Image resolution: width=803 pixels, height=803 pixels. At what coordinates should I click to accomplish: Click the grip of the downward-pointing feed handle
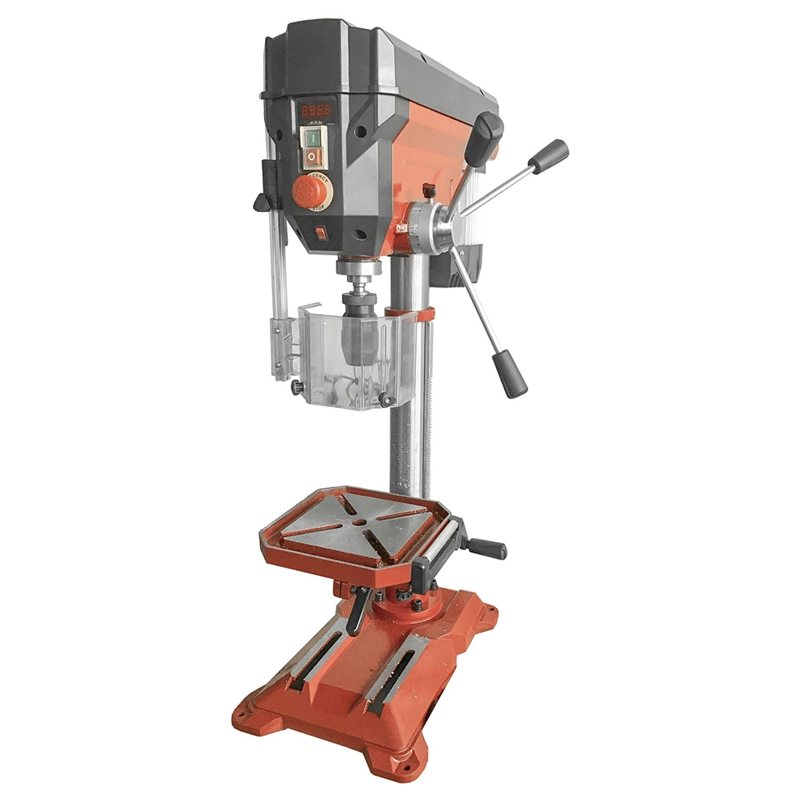[511, 373]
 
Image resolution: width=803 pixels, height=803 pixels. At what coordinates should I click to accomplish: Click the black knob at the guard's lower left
[297, 388]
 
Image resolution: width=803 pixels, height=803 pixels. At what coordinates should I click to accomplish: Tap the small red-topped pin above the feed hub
[430, 190]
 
